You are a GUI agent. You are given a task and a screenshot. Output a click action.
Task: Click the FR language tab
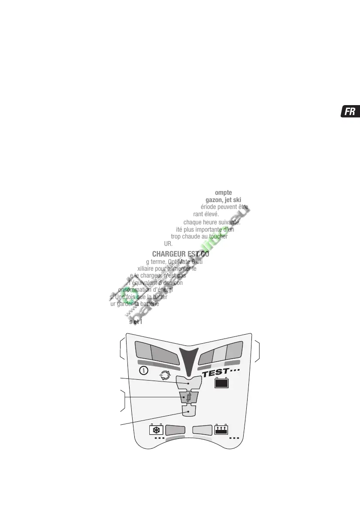(350, 112)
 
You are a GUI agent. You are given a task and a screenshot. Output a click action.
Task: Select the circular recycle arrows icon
(164, 375)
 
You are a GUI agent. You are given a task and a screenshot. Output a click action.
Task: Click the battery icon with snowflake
(155, 429)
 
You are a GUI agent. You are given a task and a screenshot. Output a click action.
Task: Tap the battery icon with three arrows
(221, 429)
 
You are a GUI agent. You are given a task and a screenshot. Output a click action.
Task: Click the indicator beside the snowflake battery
(175, 429)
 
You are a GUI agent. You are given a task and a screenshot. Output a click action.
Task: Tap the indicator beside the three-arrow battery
(203, 429)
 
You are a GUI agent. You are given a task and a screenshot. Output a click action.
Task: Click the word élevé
(211, 214)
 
